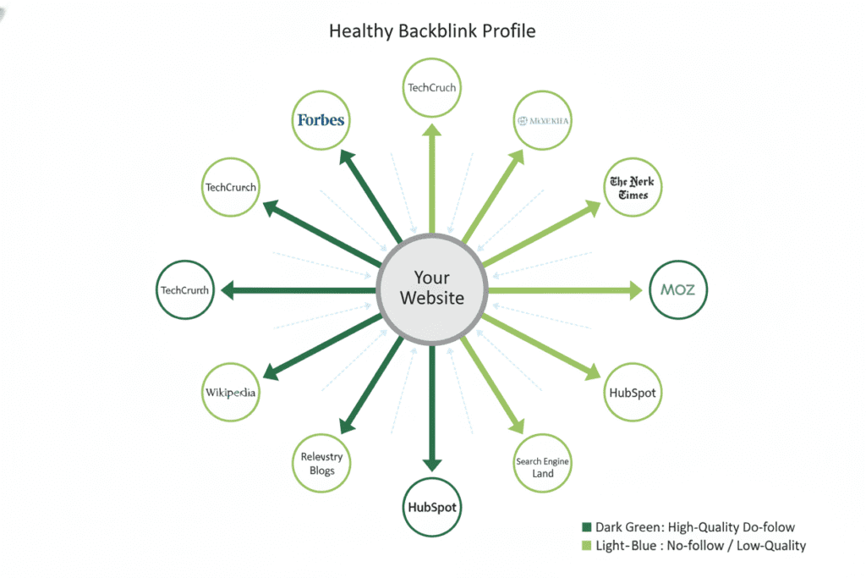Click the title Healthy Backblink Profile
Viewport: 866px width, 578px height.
tap(432, 31)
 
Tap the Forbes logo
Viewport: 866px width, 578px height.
tap(321, 120)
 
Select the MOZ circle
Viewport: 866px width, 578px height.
tap(677, 289)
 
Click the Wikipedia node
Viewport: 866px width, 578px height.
tap(231, 393)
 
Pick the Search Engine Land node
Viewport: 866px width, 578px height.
tap(543, 467)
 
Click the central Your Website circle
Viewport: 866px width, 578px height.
tap(432, 288)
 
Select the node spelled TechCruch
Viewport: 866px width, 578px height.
tap(432, 87)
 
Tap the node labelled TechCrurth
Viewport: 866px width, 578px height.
tap(185, 290)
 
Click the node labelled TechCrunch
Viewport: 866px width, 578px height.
tap(231, 187)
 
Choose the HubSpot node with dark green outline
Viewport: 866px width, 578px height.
tap(432, 508)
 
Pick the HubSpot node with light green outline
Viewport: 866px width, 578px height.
tap(633, 393)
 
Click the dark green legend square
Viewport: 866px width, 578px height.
tap(586, 527)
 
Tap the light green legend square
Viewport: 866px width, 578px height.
tap(586, 546)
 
